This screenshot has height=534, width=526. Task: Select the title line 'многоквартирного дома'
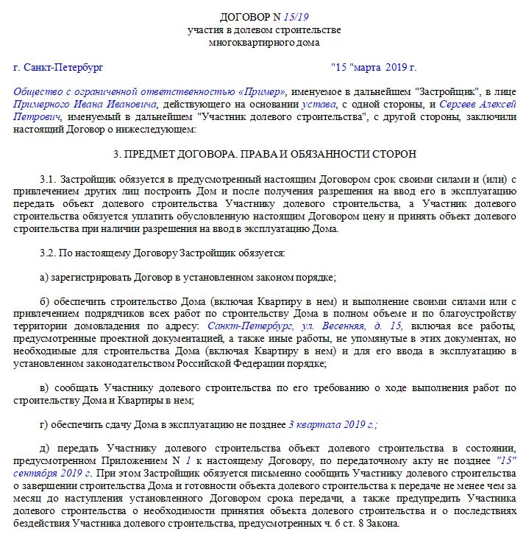click(x=263, y=43)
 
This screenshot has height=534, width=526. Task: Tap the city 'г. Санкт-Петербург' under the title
click(x=58, y=68)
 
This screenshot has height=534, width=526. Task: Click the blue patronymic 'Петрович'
click(x=36, y=116)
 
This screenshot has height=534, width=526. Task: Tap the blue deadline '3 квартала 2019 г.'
click(x=333, y=425)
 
